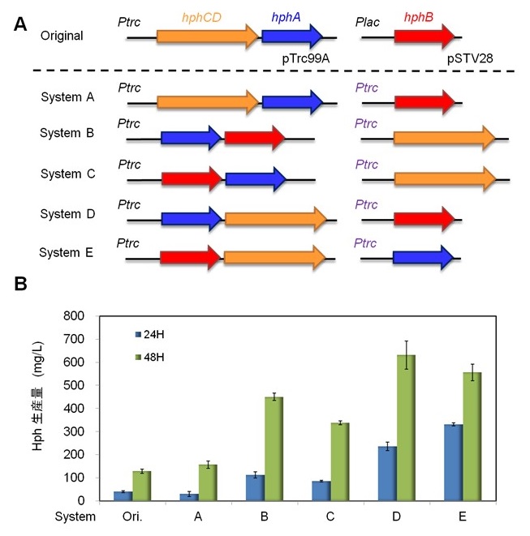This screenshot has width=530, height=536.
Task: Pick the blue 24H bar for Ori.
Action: (x=121, y=495)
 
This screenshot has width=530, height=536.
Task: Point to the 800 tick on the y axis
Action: (x=74, y=315)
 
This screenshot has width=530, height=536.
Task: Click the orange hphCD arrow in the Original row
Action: (x=206, y=36)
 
